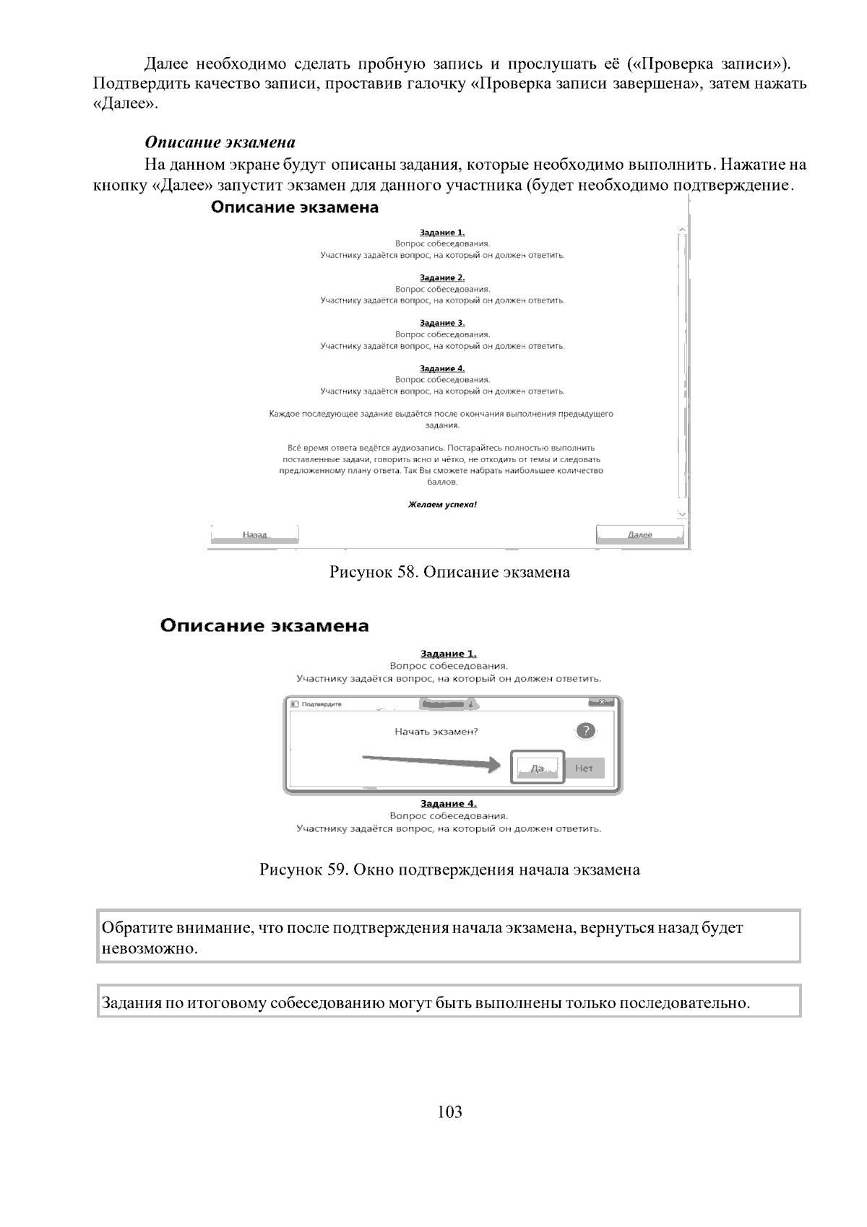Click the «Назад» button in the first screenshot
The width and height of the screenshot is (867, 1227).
(x=254, y=534)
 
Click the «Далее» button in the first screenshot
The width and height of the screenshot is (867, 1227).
(x=639, y=534)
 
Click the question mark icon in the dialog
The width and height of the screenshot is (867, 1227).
(x=587, y=730)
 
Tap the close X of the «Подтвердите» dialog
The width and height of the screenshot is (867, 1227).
(x=601, y=703)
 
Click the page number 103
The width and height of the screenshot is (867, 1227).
(x=449, y=1111)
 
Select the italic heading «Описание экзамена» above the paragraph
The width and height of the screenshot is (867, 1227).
(x=220, y=142)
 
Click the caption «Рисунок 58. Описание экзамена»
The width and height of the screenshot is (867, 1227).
(x=449, y=573)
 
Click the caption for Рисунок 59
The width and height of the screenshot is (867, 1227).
(x=449, y=870)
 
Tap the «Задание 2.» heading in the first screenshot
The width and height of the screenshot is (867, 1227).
(x=442, y=277)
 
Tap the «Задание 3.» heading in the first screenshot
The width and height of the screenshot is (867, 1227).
(x=442, y=323)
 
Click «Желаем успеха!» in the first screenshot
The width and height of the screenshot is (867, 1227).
(x=442, y=504)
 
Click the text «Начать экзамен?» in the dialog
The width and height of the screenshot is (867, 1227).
(x=436, y=731)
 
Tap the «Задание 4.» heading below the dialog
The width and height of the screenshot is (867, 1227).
(x=448, y=804)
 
